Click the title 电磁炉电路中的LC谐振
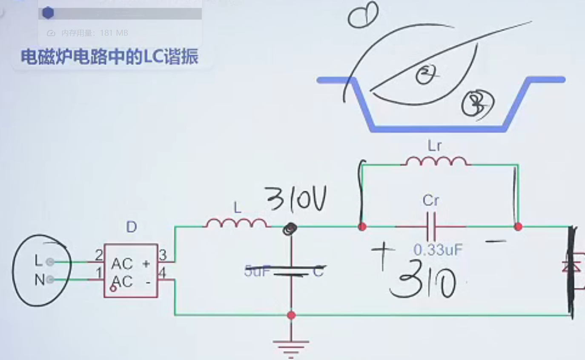(x=109, y=57)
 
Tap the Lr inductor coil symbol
(x=436, y=161)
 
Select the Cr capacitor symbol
(x=431, y=227)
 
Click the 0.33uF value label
(x=438, y=250)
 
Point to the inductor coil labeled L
(x=236, y=223)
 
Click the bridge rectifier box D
(x=131, y=271)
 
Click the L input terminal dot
(x=50, y=262)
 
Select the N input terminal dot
(x=50, y=280)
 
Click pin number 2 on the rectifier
(x=99, y=255)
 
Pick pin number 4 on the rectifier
(x=162, y=273)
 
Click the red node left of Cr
(x=362, y=227)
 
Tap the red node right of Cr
(x=518, y=227)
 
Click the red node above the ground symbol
(x=291, y=315)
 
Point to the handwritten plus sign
(x=383, y=255)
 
